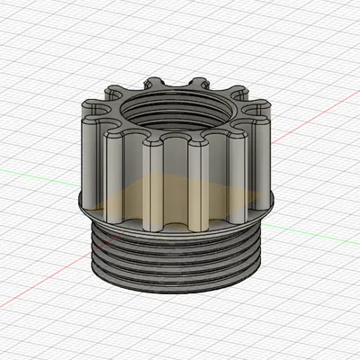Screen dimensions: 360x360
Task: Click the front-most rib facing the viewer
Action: [x=176, y=180]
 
